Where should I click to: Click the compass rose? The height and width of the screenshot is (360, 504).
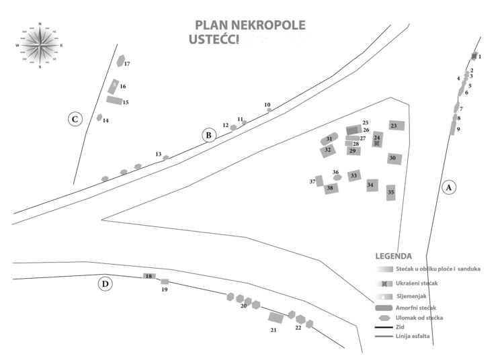point(40,45)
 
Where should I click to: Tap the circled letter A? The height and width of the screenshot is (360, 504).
point(449,187)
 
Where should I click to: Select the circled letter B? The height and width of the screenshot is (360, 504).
point(209,135)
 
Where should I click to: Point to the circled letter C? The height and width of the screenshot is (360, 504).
point(75,120)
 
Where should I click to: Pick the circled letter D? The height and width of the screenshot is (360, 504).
point(105,284)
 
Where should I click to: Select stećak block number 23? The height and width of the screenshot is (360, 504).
point(396,125)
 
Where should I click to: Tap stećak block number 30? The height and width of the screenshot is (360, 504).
point(394,159)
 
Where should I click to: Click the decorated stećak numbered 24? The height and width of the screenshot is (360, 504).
point(377,140)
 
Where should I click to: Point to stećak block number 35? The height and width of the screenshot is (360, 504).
point(390,193)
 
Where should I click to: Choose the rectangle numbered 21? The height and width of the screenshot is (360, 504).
point(276,317)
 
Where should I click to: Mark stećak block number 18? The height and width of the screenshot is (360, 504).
point(149,276)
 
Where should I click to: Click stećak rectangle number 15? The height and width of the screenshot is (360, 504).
point(114,100)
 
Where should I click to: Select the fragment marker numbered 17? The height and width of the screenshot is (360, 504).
point(120,62)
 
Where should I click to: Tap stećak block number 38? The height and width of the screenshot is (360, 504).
point(330,189)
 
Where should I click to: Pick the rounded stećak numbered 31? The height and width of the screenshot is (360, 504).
point(329,138)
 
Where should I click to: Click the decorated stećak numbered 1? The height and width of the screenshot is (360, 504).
point(474,56)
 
